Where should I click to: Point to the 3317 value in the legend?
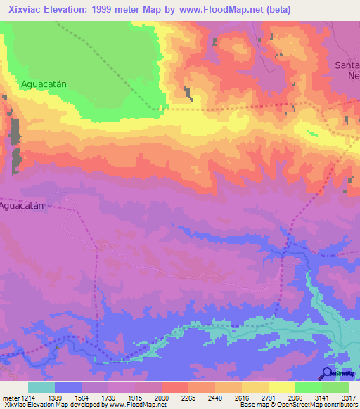tap(347, 398)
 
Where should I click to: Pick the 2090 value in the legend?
tap(162, 398)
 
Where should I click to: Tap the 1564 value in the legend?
tap(82, 398)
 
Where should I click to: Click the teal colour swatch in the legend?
tap(41, 387)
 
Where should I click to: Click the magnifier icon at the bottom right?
tap(327, 373)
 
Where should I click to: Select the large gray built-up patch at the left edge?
tap(15, 144)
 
